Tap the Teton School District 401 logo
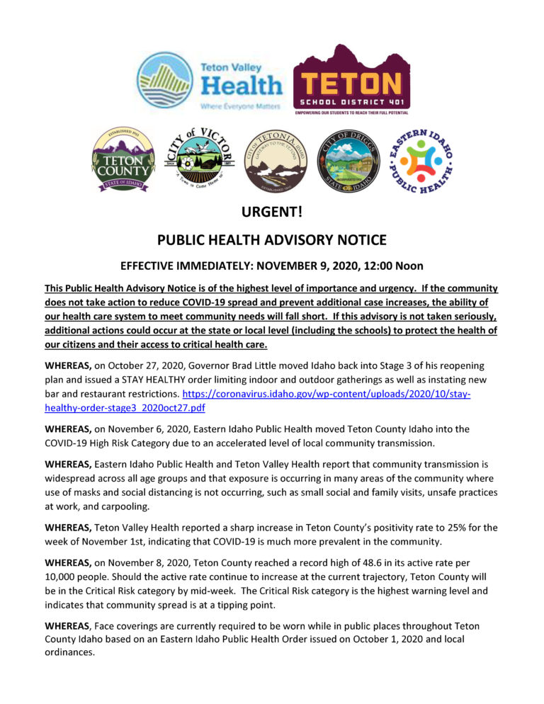click(351, 79)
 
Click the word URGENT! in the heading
click(272, 212)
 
